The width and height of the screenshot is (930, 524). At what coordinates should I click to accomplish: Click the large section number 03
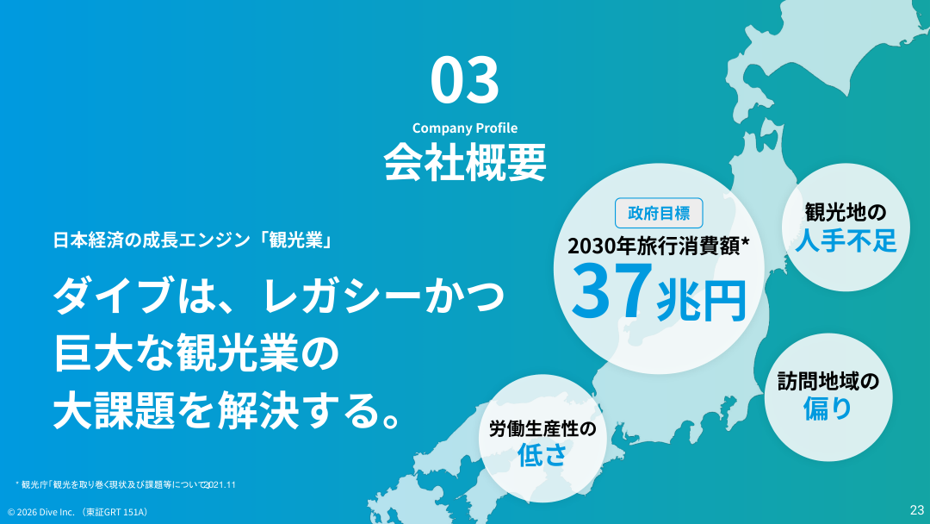[464, 79]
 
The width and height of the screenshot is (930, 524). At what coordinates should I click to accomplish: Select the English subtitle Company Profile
[464, 128]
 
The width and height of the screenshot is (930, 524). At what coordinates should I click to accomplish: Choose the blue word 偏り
[828, 408]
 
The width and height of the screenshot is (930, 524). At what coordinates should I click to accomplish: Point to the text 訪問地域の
[828, 380]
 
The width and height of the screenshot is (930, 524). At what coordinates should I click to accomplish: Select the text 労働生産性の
[542, 428]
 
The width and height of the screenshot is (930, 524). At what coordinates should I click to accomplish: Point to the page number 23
[916, 509]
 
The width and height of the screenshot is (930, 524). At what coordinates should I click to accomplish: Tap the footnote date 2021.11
[220, 484]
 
